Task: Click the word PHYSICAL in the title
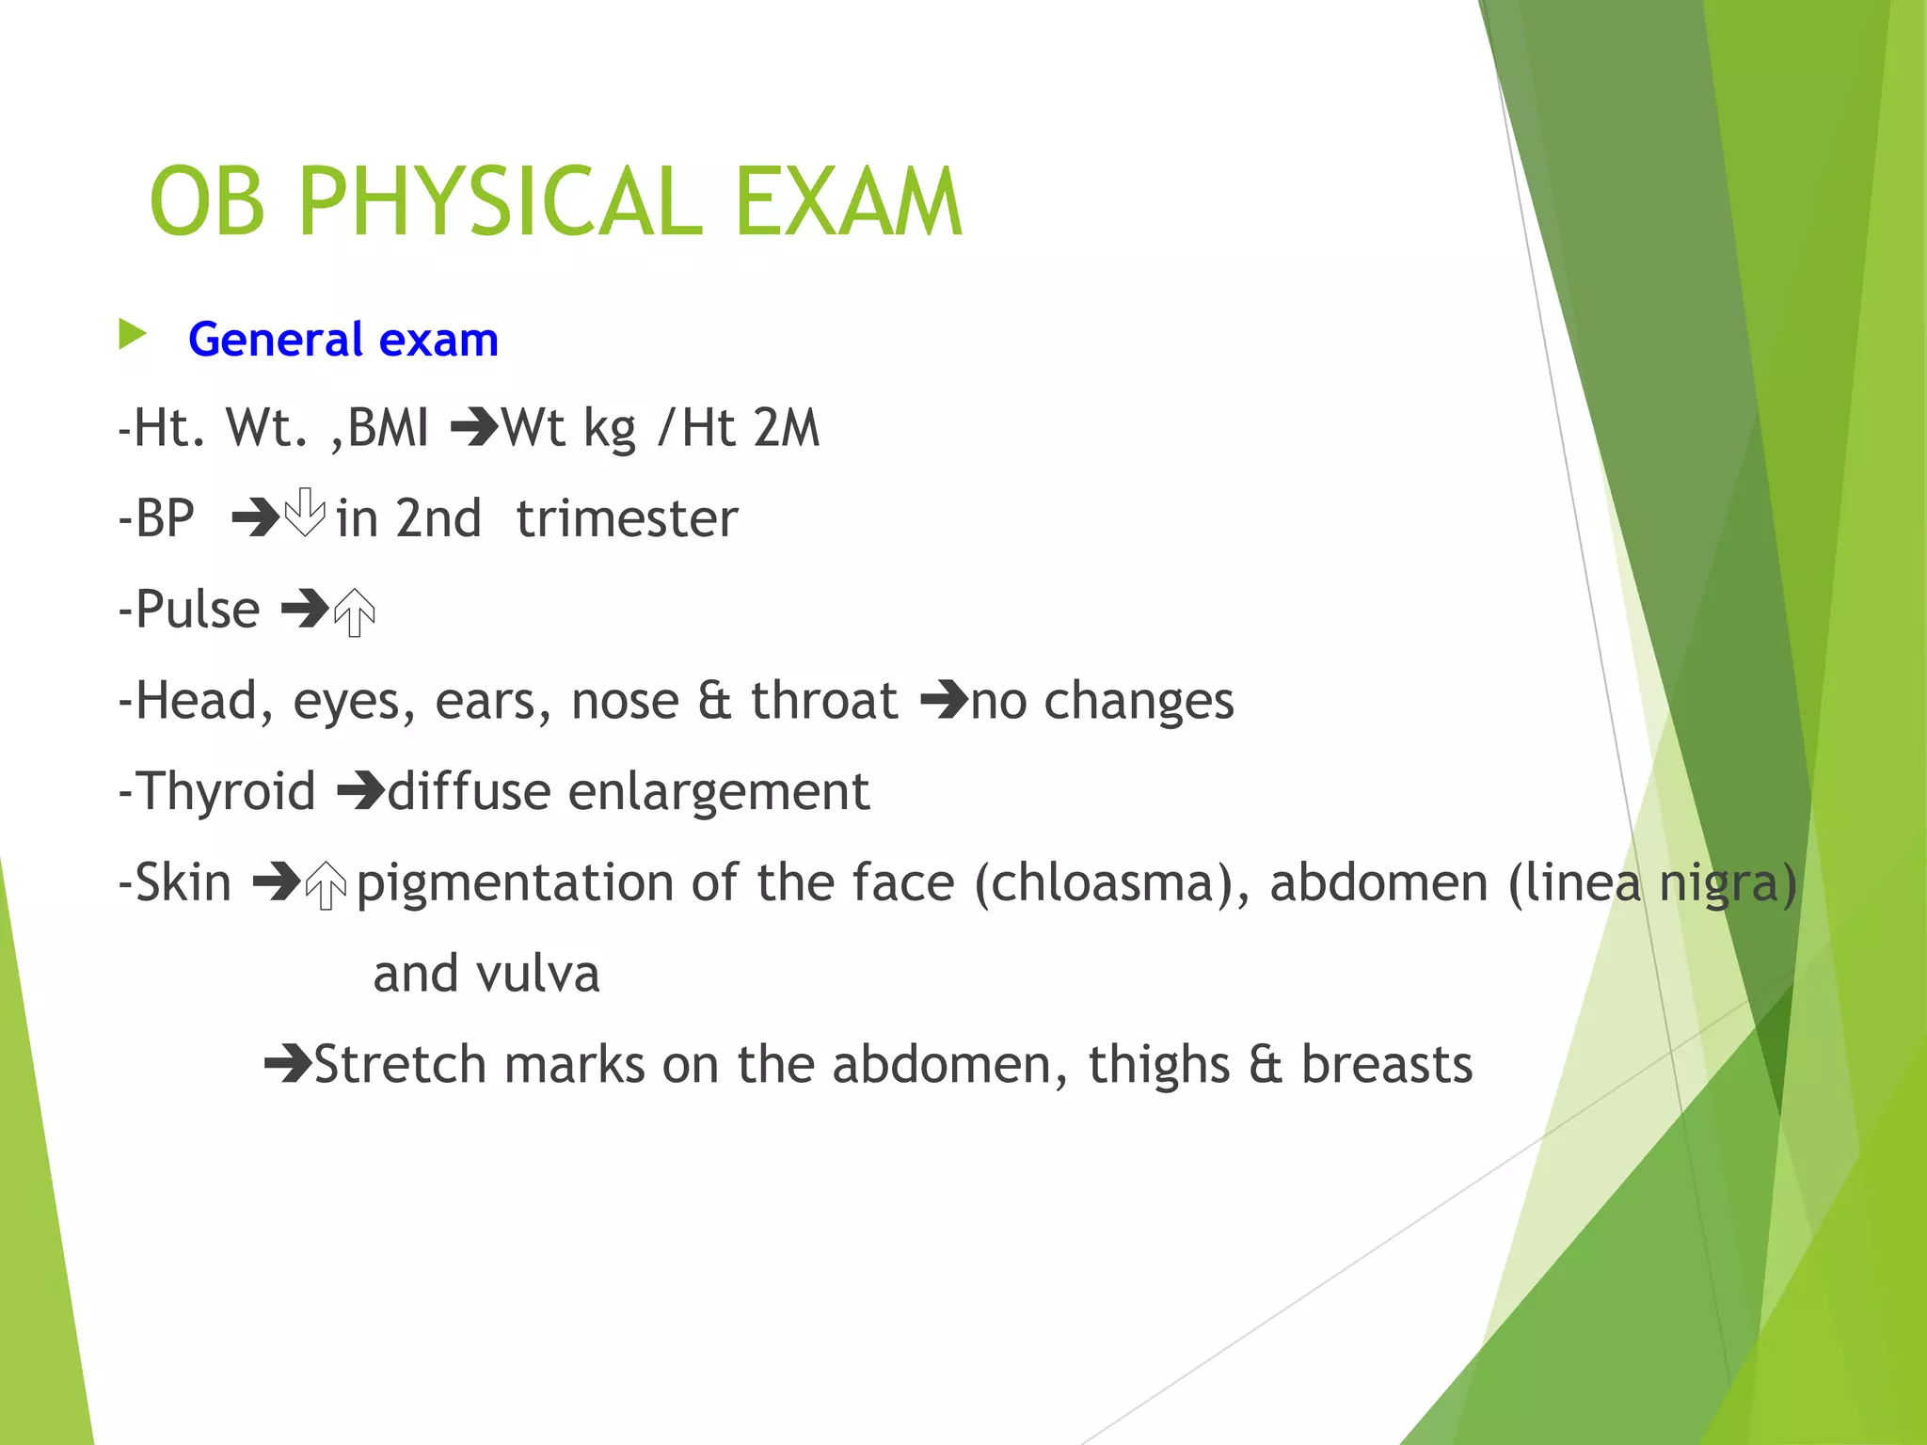(x=501, y=201)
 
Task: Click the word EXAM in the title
(x=848, y=201)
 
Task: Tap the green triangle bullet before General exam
(x=133, y=335)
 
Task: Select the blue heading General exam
(x=342, y=340)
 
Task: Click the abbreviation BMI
(x=388, y=428)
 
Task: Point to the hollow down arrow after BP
(x=305, y=513)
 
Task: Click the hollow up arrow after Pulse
(x=355, y=612)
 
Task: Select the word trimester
(x=627, y=518)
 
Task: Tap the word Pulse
(x=198, y=610)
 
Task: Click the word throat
(x=824, y=701)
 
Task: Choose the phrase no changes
(x=1102, y=701)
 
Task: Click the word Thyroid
(x=226, y=791)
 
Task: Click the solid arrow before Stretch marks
(x=287, y=1064)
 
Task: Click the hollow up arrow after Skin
(x=326, y=885)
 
